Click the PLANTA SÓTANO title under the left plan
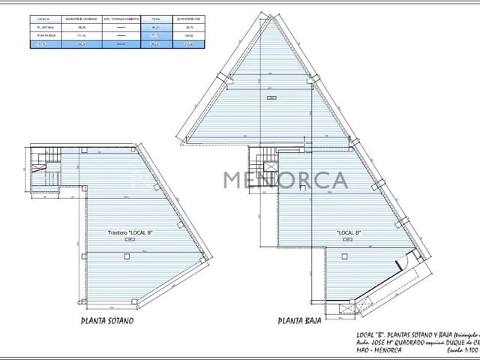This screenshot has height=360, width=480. [107, 321]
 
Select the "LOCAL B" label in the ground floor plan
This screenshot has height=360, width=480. [349, 232]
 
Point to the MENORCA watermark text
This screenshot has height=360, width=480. [285, 181]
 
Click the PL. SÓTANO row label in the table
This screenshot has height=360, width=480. [43, 26]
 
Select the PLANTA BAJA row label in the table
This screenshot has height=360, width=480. [43, 35]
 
